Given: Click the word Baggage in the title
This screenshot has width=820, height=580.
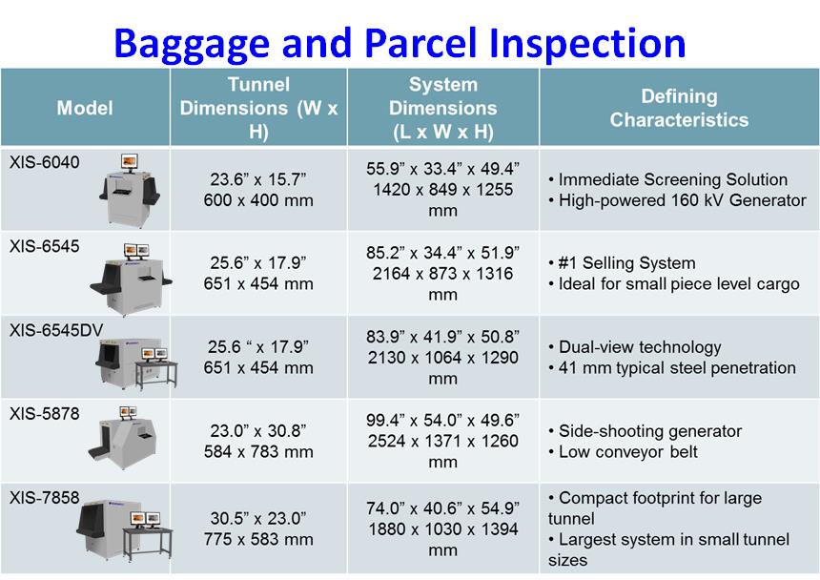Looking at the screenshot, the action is pos(192,45).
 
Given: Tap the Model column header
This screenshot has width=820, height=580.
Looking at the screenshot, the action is pos(85,108).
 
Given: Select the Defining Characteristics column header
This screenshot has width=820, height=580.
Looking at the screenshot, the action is pos(679,108).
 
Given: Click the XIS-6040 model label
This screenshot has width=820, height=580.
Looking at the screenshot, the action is pos(45,162).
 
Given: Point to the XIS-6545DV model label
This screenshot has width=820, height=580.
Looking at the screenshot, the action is pos(56,330).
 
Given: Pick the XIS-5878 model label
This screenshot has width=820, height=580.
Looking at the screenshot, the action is pos(45,414).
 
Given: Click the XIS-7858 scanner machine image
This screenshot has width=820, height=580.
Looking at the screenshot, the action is pos(125,529).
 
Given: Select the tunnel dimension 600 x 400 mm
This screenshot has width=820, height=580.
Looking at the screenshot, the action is pos(258,200).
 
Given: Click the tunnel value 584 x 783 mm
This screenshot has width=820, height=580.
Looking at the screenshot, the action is pos(258,452).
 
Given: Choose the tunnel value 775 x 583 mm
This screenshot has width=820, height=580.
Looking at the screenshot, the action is pos(258,539).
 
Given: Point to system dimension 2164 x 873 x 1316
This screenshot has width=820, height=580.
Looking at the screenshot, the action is pos(442,274).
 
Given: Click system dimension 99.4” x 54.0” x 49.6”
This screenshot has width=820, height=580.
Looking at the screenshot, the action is pos(442,420).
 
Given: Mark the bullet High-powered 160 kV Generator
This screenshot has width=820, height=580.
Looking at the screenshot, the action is pos(677,200).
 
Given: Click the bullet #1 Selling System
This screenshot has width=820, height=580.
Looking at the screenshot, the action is pos(622,262).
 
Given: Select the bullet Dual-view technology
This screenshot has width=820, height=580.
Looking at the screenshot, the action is pos(634,346).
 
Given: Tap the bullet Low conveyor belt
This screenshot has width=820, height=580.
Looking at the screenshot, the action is pos(623,452).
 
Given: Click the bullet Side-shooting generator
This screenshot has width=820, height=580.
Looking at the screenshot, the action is pos(645,431).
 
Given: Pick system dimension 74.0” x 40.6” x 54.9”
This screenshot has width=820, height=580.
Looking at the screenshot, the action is pos(442,507).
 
